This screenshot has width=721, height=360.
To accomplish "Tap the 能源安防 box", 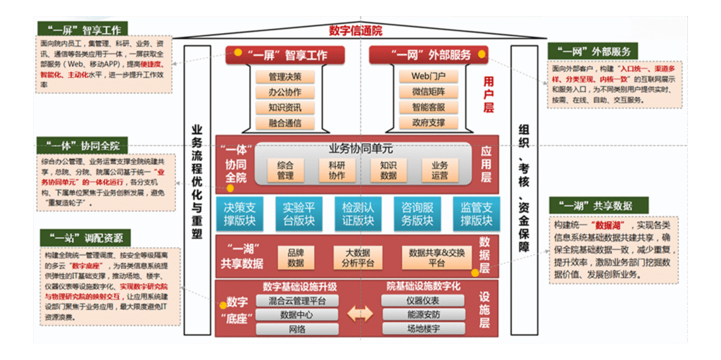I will click(x=423, y=315).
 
